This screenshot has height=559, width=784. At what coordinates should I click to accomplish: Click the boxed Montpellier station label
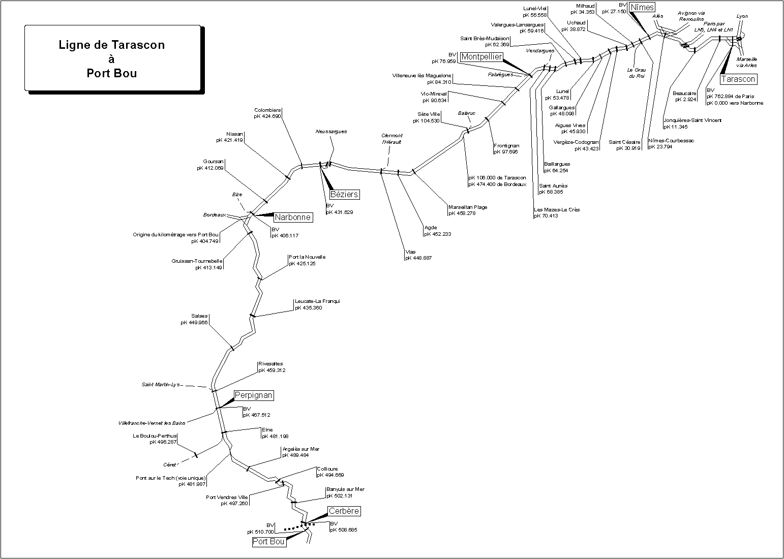click(481, 57)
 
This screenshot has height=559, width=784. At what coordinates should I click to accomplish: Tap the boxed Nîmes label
click(642, 7)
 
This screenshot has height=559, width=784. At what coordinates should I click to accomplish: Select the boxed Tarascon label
click(738, 79)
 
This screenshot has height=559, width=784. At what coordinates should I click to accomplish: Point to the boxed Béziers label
click(344, 194)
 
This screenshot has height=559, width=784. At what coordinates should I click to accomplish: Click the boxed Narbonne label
click(292, 218)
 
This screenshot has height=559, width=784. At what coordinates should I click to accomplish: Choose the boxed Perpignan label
click(254, 395)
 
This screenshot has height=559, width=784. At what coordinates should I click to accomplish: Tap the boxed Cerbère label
click(344, 511)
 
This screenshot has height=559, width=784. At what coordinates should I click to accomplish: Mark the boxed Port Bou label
click(268, 542)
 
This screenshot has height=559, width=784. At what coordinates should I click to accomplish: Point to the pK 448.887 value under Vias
click(418, 258)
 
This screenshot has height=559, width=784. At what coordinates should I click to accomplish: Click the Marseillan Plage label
click(468, 207)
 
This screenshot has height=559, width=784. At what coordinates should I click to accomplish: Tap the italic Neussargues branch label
click(331, 132)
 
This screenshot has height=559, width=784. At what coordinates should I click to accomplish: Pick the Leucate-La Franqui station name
click(317, 301)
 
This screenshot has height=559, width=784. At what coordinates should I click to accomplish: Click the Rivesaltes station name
click(270, 364)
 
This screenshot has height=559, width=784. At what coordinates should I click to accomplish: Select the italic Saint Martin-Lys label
click(161, 385)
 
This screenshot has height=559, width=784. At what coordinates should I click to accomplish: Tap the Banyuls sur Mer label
click(346, 489)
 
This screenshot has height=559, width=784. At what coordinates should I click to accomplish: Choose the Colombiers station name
click(268, 110)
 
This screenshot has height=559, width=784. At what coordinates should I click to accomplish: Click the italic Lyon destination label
click(742, 16)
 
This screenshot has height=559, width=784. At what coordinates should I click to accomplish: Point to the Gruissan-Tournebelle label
click(197, 261)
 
